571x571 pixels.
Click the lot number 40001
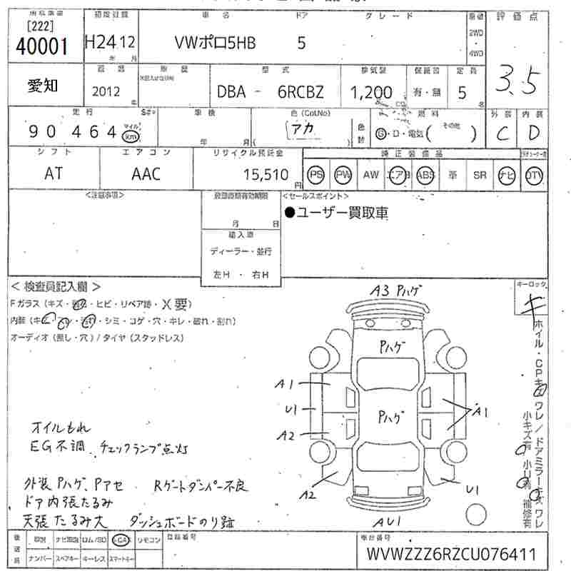[41, 47]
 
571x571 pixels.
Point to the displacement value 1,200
[371, 92]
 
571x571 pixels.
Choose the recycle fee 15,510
[263, 174]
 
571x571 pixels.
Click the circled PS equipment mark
[316, 175]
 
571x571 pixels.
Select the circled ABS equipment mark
[425, 175]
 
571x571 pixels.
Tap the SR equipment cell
[479, 175]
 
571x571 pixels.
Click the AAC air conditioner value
[146, 174]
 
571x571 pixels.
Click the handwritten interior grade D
[532, 133]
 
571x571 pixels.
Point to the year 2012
[106, 92]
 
